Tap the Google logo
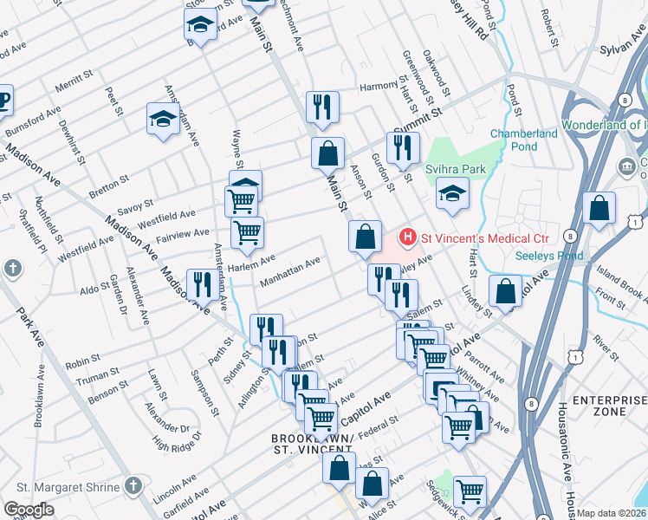[x=29, y=510]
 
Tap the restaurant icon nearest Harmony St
[x=322, y=107]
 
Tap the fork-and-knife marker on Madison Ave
[x=201, y=284]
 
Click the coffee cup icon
[x=3, y=99]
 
